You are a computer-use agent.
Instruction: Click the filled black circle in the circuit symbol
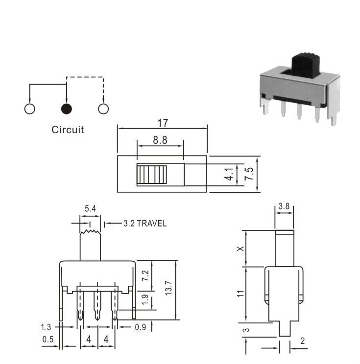[67, 109]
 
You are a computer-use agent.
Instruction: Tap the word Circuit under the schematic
[68, 130]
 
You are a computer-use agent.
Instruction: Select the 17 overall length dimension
[163, 123]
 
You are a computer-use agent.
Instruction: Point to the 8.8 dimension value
[160, 140]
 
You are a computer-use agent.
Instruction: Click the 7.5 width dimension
[249, 174]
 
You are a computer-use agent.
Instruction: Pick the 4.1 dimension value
[229, 174]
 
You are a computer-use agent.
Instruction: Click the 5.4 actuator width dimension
[90, 209]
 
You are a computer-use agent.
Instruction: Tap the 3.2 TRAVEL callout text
[145, 223]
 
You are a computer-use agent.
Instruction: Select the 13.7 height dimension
[168, 288]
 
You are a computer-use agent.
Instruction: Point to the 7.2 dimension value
[145, 275]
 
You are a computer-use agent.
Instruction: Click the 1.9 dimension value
[145, 300]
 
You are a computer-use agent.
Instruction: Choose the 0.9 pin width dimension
[141, 327]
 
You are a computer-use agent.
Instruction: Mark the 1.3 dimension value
[46, 327]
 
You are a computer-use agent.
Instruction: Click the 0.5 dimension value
[48, 340]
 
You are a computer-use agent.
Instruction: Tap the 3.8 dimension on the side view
[284, 206]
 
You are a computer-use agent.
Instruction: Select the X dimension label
[241, 249]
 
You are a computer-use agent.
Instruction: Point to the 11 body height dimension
[241, 293]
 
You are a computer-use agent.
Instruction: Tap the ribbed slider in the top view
[152, 175]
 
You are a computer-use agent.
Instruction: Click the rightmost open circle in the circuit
[103, 109]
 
